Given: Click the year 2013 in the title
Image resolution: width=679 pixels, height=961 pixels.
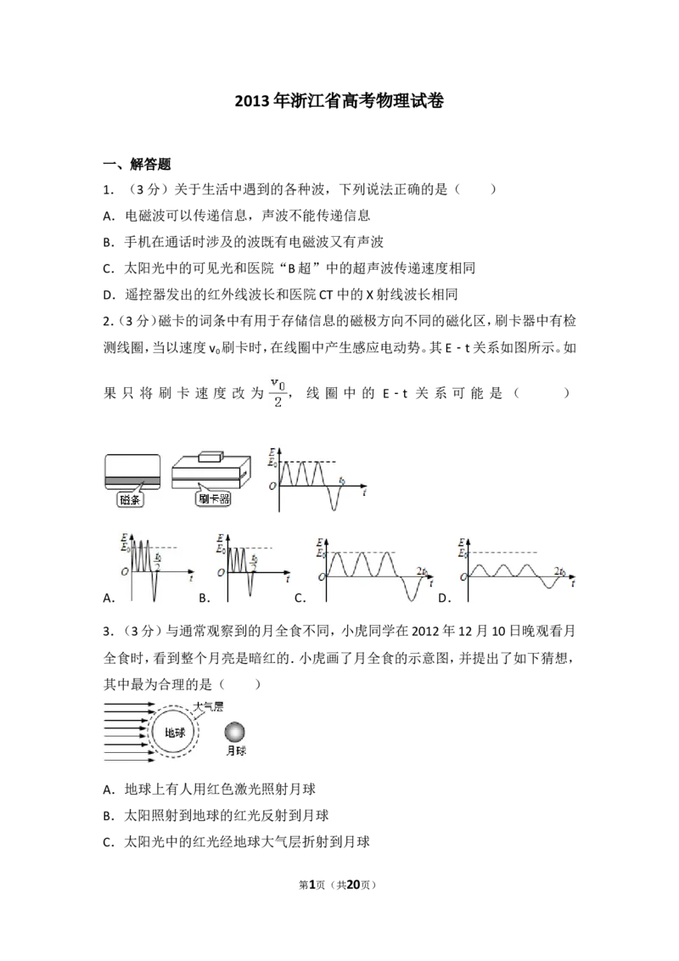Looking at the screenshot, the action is tap(252, 100).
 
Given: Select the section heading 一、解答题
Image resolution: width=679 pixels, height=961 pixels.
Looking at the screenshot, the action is tap(137, 164).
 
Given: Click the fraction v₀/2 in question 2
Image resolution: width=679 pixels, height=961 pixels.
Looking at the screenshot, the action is tap(278, 393).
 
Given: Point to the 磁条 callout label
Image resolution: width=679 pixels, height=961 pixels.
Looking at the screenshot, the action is tap(130, 499).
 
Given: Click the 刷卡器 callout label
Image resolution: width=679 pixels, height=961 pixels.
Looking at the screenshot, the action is tap(214, 499).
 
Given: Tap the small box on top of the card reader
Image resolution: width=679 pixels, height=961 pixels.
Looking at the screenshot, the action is tap(212, 457).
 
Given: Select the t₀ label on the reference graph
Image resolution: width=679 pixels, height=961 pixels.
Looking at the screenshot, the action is tap(342, 480).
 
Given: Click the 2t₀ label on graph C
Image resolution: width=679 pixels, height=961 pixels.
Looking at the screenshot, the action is tap(422, 571).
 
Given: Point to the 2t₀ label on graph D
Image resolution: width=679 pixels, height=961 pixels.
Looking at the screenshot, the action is tap(559, 571).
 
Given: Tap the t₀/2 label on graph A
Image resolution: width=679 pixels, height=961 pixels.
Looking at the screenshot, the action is tap(158, 561).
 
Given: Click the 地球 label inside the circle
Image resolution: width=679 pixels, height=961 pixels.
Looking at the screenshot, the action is tap(175, 733).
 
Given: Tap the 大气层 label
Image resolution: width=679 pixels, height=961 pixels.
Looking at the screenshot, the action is tap(208, 706).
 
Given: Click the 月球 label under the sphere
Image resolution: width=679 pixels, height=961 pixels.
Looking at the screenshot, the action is tap(236, 750).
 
